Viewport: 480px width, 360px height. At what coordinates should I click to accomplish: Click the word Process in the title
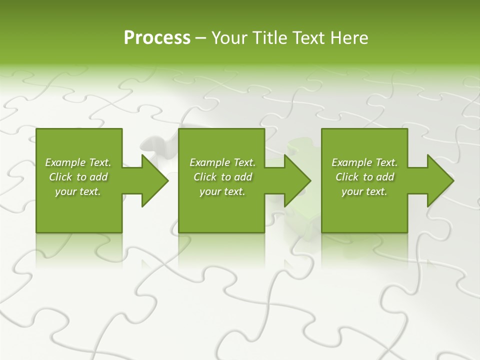[x=157, y=38]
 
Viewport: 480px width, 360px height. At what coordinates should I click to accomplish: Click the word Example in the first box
[x=65, y=162]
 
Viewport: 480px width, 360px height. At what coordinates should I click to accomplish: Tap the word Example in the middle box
[x=209, y=162]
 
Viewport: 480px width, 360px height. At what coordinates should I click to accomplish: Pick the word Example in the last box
[x=351, y=162]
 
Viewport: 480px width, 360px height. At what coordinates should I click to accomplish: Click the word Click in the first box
[x=60, y=177]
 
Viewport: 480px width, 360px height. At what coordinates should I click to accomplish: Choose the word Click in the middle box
[x=205, y=177]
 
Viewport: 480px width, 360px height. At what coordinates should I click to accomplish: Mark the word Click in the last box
[x=347, y=177]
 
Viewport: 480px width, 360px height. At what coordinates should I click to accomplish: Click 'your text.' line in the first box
[x=78, y=191]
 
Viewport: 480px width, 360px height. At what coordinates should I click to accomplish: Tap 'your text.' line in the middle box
[x=222, y=191]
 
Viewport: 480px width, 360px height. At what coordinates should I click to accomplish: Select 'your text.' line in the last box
[x=364, y=191]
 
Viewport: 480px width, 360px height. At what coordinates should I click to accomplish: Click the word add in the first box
[x=99, y=177]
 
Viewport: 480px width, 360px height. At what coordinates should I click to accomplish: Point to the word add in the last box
[x=385, y=177]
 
